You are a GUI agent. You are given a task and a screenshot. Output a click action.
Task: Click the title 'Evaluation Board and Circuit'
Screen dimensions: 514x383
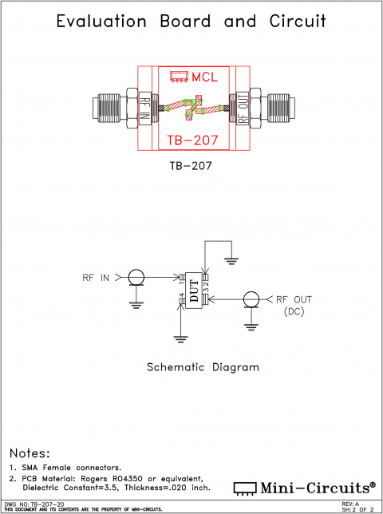[191, 22]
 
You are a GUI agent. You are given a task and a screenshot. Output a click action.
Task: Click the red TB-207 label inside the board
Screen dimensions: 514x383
[191, 141]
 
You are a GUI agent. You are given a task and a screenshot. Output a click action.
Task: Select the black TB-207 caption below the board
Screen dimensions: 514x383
[191, 167]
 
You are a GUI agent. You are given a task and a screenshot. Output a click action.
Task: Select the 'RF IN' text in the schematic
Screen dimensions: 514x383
[97, 278]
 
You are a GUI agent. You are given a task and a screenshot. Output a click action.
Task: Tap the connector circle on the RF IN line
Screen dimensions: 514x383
[136, 278]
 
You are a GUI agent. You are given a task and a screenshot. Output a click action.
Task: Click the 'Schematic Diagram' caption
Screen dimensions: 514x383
[203, 368]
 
